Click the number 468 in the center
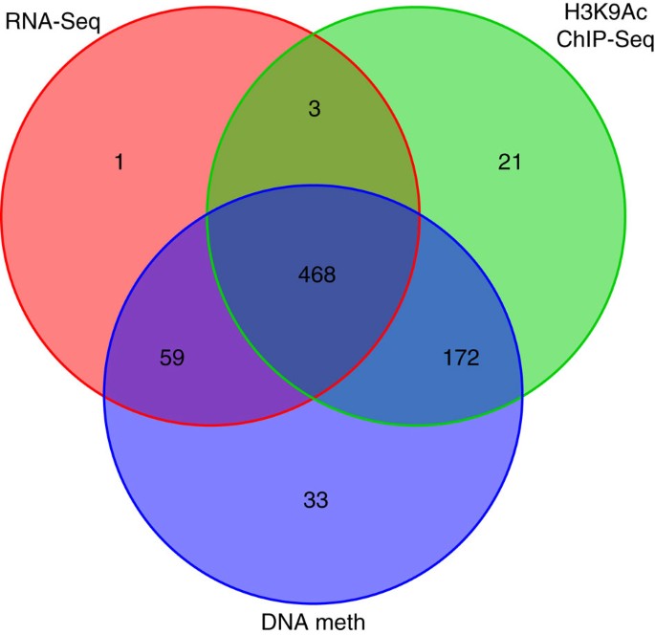click(x=317, y=275)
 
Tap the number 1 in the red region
click(x=120, y=163)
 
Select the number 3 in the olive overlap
click(x=317, y=109)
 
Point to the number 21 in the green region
click(x=509, y=163)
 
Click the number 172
click(x=460, y=359)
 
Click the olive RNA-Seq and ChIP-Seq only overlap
click(x=316, y=143)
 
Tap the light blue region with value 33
click(x=316, y=545)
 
